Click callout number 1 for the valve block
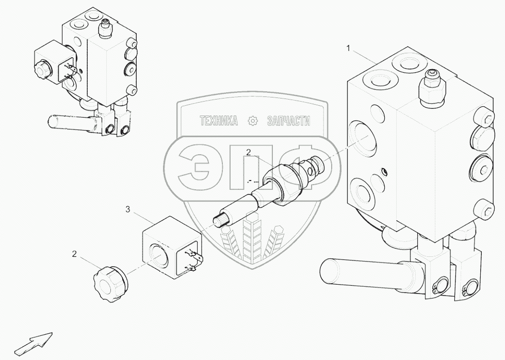349,48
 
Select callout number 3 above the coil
128,209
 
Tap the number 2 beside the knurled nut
74,254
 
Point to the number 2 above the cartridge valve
248,152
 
